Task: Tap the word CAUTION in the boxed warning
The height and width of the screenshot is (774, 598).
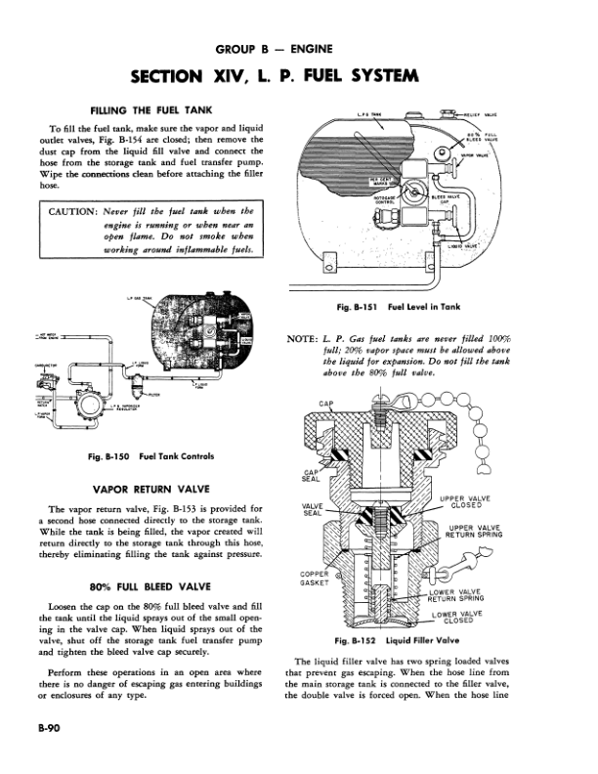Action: pos(73,210)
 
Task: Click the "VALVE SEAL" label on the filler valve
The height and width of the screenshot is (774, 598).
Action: pos(313,509)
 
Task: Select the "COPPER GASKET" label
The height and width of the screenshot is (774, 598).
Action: pos(315,578)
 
